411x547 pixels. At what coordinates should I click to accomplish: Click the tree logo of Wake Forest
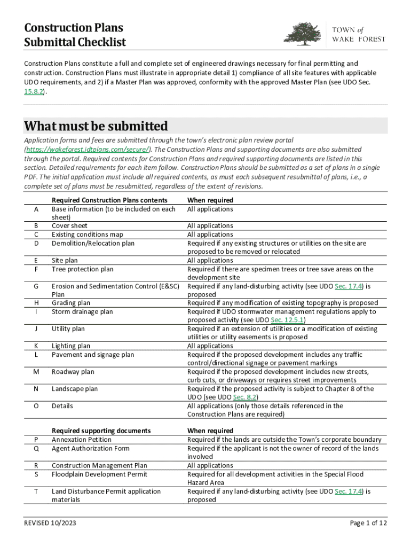click(303, 34)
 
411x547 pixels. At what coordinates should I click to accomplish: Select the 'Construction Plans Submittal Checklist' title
click(75, 35)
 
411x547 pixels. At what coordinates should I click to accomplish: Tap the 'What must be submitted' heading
click(96, 127)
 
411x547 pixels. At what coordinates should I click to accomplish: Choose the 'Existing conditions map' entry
click(88, 235)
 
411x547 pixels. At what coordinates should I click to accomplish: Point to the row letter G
click(36, 286)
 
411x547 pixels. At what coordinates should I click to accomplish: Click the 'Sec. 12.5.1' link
click(287, 320)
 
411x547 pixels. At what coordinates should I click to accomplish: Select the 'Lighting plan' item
click(71, 346)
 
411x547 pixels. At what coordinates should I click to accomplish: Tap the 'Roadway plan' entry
click(73, 372)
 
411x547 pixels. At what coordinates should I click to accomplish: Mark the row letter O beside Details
click(36, 406)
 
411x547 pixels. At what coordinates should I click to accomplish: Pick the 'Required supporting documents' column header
click(101, 431)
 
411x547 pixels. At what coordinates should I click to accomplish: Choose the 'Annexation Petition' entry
click(82, 440)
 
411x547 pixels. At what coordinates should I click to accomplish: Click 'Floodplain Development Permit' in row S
click(99, 474)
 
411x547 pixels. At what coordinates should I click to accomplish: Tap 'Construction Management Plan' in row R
click(99, 466)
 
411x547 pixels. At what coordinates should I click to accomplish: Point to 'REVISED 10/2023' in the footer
click(50, 523)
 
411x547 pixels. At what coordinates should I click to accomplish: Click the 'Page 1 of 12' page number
click(368, 523)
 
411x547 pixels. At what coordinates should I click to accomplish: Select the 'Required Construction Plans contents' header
click(109, 200)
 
